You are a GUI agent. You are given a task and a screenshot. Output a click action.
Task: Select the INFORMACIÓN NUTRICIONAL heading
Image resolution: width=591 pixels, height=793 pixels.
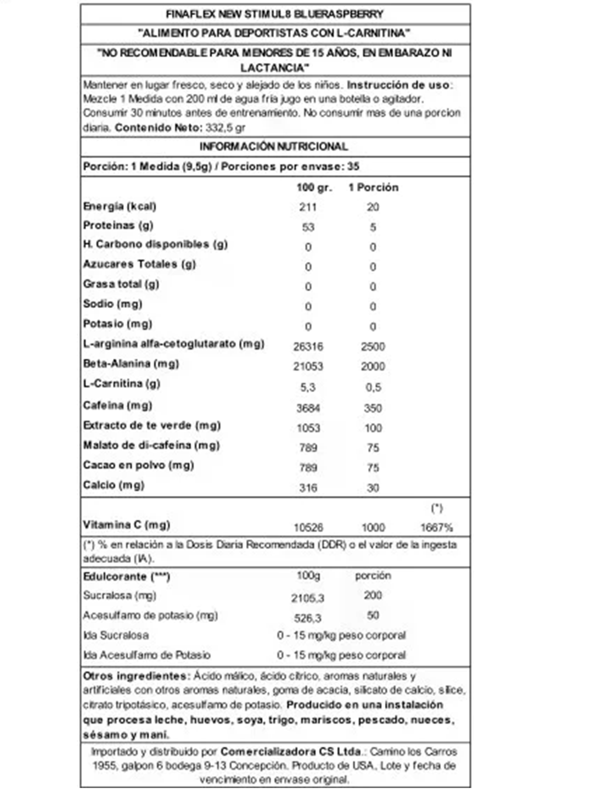coord(274,147)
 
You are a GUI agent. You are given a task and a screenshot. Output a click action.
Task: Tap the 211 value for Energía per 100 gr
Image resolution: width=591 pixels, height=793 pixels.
coord(308,207)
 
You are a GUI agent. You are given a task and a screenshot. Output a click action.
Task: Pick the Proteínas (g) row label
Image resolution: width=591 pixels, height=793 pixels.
coord(118,226)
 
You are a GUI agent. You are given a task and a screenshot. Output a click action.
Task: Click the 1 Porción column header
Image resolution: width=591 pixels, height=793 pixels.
coord(373,187)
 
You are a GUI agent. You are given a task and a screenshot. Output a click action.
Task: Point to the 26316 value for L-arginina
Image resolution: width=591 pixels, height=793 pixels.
coord(308,346)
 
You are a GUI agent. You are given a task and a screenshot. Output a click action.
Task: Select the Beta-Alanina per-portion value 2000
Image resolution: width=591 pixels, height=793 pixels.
coord(373,366)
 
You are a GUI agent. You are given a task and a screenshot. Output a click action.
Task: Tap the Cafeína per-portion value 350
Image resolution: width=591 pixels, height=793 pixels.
coord(373,408)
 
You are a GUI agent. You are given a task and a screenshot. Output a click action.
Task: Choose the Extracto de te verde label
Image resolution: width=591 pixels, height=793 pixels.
coord(152,425)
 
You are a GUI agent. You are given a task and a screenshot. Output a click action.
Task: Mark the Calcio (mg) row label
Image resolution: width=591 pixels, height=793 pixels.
coord(114,485)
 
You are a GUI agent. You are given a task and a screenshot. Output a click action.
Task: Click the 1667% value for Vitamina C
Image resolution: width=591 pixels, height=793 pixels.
coord(436,527)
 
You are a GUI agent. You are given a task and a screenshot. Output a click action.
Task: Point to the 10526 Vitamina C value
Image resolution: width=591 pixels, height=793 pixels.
coord(308,527)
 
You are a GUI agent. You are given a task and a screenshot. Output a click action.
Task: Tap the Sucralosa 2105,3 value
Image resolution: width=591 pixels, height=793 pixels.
coord(308,598)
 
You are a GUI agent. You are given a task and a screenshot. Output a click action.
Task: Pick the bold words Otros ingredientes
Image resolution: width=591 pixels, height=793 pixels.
coord(135,676)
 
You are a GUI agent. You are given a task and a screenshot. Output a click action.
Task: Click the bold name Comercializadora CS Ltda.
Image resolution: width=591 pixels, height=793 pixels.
coord(290,751)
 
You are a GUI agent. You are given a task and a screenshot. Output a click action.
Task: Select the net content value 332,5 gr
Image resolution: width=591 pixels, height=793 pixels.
coord(225,128)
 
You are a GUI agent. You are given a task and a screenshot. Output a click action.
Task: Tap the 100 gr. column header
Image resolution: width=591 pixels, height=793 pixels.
coord(314,187)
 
